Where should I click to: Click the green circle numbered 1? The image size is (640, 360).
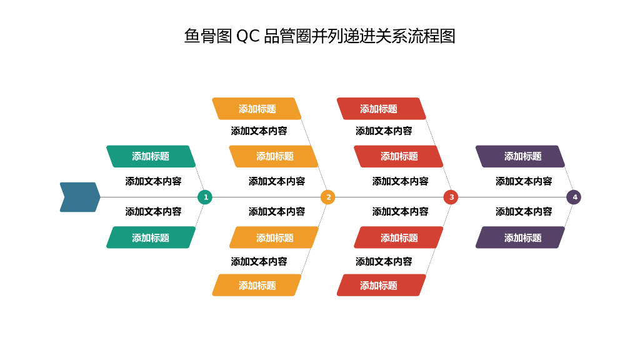click(x=204, y=197)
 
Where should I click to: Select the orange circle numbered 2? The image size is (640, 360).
click(x=328, y=197)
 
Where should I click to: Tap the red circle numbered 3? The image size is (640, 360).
click(x=451, y=197)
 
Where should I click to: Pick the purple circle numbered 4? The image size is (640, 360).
click(x=574, y=197)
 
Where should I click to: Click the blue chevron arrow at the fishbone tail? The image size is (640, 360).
click(x=80, y=197)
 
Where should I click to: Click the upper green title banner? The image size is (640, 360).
click(x=151, y=156)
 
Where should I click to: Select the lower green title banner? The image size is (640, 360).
click(x=151, y=237)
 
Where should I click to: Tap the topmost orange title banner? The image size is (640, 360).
click(x=257, y=109)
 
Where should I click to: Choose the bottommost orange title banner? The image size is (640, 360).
click(x=257, y=285)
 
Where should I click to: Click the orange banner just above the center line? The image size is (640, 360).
click(x=274, y=156)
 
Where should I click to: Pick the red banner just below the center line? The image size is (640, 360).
click(x=398, y=237)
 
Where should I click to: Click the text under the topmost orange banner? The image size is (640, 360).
click(x=259, y=131)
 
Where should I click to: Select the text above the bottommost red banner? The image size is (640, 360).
click(x=384, y=261)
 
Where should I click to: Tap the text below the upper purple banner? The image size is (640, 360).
click(x=524, y=181)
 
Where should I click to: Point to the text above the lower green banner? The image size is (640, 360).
click(x=153, y=212)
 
